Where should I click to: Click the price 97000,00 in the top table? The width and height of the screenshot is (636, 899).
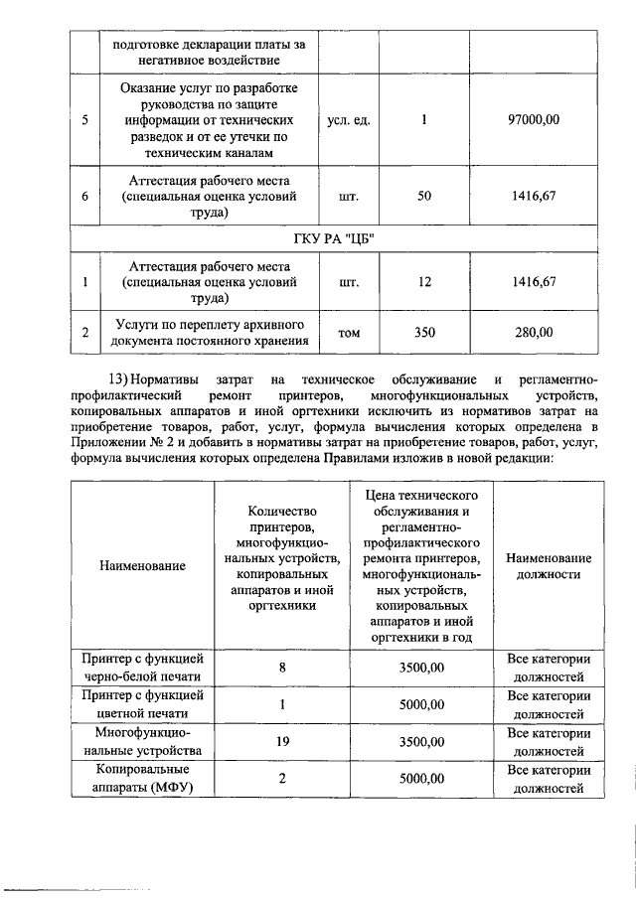[x=534, y=120]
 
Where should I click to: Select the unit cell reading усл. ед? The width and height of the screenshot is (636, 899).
[x=349, y=120]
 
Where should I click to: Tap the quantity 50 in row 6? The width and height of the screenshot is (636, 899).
[x=424, y=197]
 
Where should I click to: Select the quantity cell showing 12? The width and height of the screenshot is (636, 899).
[x=424, y=282]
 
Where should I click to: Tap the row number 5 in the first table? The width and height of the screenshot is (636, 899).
[x=85, y=120]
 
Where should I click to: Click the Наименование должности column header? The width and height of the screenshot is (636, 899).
[x=549, y=565]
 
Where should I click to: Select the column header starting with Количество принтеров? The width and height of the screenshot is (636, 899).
[x=282, y=565]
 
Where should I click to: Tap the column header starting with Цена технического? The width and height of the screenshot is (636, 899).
[x=422, y=565]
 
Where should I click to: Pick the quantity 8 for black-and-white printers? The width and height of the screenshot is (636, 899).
[x=282, y=667]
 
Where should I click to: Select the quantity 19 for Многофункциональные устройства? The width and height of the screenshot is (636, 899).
[x=282, y=742]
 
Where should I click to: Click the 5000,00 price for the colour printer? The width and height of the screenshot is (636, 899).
[x=422, y=704]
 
